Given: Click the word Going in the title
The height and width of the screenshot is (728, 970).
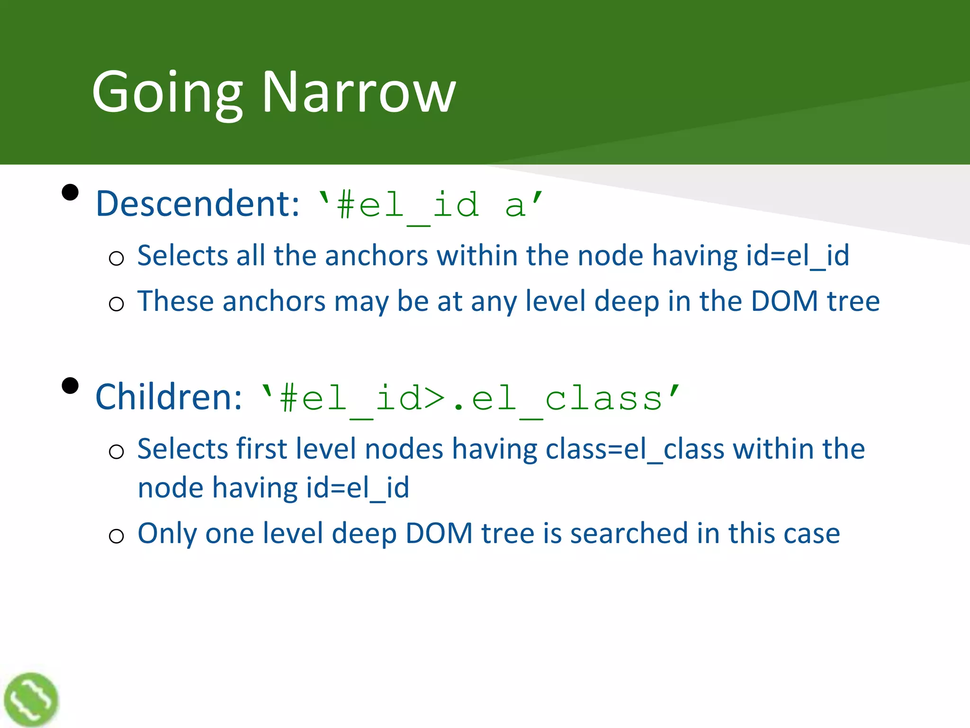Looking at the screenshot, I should click(x=167, y=92).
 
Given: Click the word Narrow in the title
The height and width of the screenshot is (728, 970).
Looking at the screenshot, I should click(x=359, y=92).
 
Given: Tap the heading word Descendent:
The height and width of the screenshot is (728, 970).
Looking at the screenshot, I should click(x=198, y=204).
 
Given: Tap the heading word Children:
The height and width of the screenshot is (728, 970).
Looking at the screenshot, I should click(x=169, y=397).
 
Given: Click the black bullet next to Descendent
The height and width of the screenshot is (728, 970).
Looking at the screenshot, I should click(x=70, y=192).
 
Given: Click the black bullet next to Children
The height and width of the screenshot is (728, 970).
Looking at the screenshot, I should click(x=70, y=385).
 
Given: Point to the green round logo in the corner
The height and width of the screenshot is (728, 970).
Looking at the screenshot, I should click(x=31, y=700).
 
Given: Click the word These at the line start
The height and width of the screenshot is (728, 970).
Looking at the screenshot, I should click(x=176, y=301).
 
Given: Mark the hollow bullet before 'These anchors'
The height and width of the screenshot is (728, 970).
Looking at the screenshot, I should click(x=116, y=304).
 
